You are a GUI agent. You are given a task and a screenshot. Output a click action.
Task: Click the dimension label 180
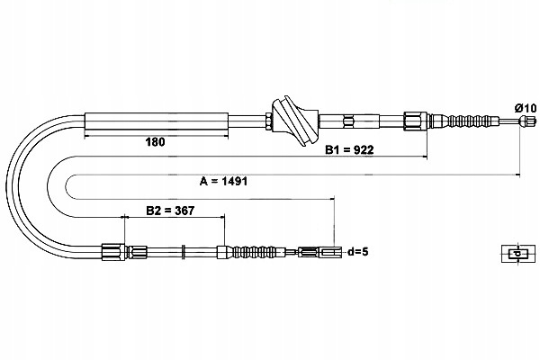[155, 141]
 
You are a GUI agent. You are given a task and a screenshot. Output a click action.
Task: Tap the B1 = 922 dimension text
[349, 150]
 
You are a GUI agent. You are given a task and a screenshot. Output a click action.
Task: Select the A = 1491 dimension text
[223, 181]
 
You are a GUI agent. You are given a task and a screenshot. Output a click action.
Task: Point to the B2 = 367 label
[170, 210]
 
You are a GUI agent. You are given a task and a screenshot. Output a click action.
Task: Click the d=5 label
[358, 252]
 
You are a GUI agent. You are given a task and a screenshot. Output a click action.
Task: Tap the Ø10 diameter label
[526, 108]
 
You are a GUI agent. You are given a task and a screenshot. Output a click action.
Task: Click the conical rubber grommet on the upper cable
[295, 121]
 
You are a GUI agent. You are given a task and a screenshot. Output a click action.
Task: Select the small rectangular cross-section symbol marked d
[518, 254]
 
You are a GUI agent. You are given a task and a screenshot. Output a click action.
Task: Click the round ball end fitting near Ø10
[526, 121]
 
